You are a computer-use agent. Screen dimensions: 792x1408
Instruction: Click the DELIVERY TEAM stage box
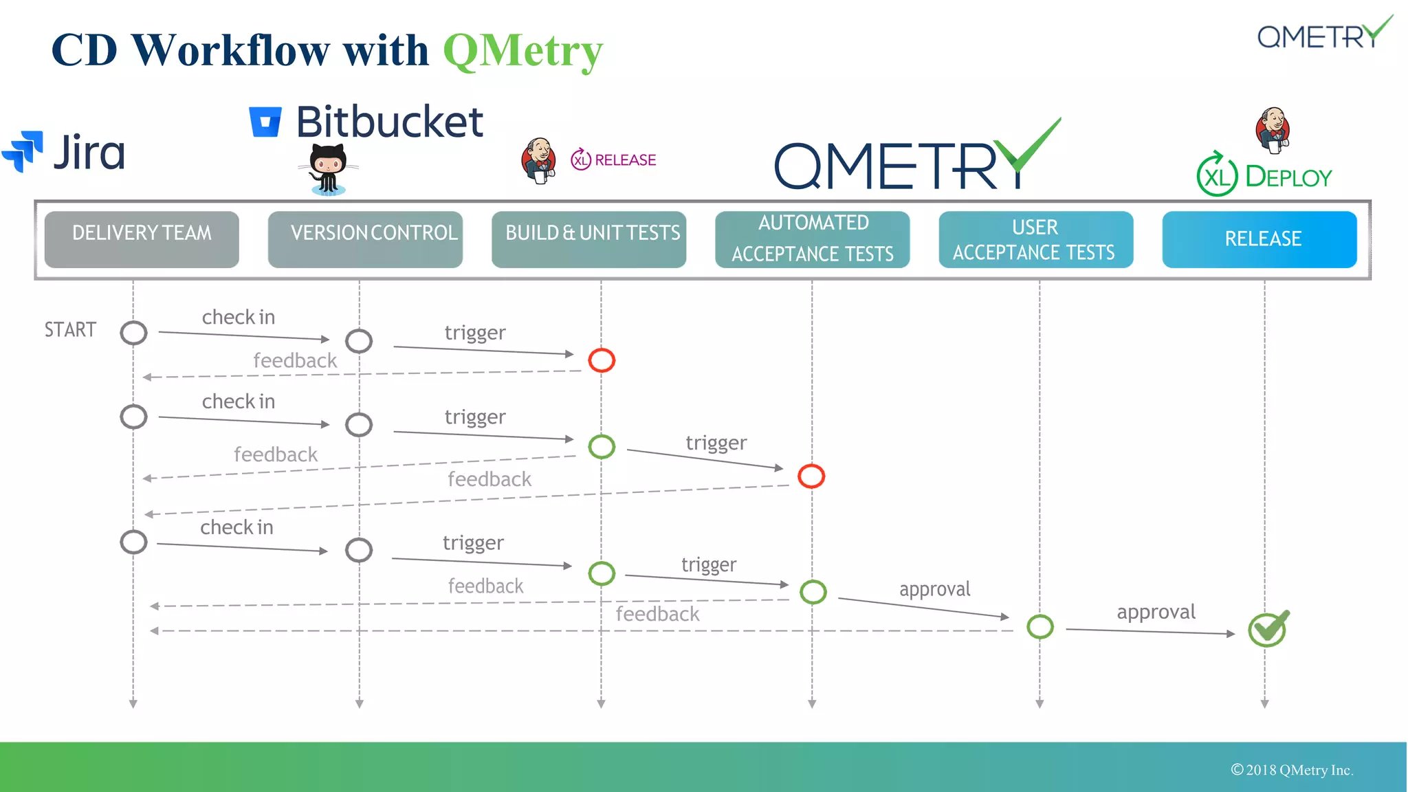[142, 239]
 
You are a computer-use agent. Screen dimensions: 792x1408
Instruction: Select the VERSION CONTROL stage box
[365, 239]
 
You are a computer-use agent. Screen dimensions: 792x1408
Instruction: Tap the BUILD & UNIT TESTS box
[589, 239]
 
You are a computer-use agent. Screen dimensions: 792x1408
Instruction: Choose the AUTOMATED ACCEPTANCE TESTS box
[813, 239]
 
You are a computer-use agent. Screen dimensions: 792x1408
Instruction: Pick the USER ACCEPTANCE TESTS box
[1036, 239]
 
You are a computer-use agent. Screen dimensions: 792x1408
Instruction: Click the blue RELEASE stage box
[1259, 239]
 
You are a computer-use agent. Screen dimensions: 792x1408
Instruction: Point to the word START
[70, 330]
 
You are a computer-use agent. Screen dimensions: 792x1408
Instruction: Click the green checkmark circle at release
[1267, 629]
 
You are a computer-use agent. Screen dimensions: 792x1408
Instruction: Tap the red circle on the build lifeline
[602, 360]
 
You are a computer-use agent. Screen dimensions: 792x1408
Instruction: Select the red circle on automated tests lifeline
[811, 476]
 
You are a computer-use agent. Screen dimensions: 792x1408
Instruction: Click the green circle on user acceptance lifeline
[1039, 626]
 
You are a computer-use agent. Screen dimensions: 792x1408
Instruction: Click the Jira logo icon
[23, 151]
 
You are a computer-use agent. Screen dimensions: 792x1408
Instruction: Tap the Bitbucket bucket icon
[265, 122]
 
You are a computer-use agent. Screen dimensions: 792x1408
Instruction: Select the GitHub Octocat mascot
[328, 169]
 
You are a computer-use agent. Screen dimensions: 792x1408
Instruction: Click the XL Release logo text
[613, 160]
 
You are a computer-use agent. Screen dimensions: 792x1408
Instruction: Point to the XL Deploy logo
[1264, 176]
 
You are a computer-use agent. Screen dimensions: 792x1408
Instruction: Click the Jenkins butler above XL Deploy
[1273, 129]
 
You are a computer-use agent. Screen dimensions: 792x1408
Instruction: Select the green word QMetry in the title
[523, 51]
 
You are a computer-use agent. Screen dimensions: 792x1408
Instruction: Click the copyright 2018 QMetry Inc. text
[1292, 770]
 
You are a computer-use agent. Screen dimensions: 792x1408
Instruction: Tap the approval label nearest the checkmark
[1156, 612]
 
